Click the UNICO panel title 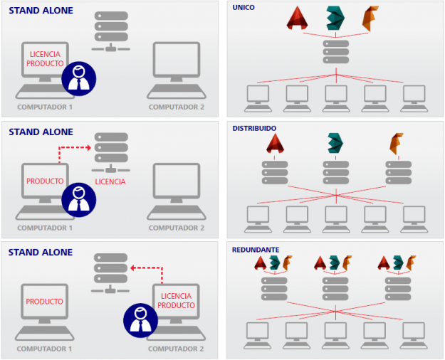tap(244, 7)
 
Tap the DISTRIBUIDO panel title tap(254, 128)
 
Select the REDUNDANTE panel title tap(256, 250)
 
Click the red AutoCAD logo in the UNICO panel tap(297, 18)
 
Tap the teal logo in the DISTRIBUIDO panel tap(335, 143)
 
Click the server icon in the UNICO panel tap(336, 52)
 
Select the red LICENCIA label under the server tap(110, 181)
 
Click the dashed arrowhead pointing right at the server tap(89, 147)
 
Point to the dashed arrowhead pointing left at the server tap(132, 268)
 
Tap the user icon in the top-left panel tap(79, 78)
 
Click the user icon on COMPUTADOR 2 tap(140, 320)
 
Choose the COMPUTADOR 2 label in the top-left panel tap(177, 107)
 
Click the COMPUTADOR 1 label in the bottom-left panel tap(44, 349)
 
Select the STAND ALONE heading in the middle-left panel tap(41, 132)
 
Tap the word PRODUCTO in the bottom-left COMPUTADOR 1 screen tap(44, 301)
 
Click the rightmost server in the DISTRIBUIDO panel tap(399, 172)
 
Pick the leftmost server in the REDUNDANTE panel tap(274, 289)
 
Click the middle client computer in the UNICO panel tap(336, 98)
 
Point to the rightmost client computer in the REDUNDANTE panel tap(414, 336)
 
